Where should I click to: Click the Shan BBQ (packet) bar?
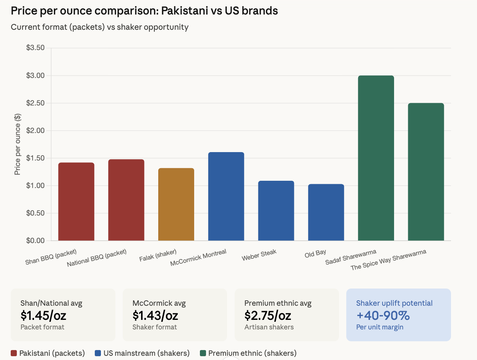pyautogui.click(x=76, y=201)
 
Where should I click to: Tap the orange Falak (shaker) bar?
pyautogui.click(x=176, y=204)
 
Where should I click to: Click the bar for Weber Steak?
pyautogui.click(x=276, y=211)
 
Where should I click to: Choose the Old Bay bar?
pyautogui.click(x=326, y=212)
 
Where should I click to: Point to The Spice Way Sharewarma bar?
pyautogui.click(x=426, y=172)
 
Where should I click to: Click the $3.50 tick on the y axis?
pyautogui.click(x=35, y=48)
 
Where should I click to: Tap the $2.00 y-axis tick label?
pyautogui.click(x=35, y=131)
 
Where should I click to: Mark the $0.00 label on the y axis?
pyautogui.click(x=35, y=241)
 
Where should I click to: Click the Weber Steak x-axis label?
pyautogui.click(x=259, y=255)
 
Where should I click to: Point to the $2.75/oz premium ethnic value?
pyautogui.click(x=268, y=316)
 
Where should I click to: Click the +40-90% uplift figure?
pyautogui.click(x=383, y=316)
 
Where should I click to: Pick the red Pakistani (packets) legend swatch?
pyautogui.click(x=14, y=353)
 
